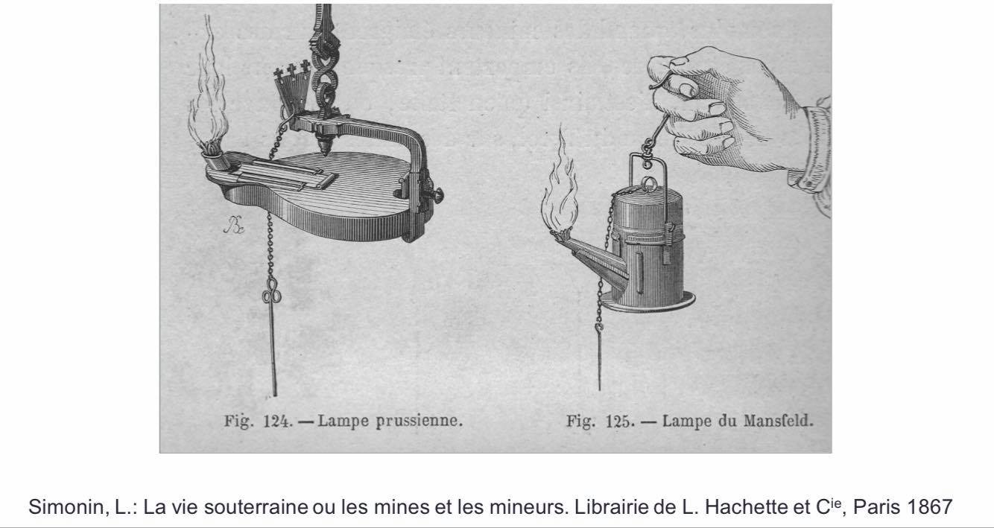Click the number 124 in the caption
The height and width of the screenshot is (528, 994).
coord(277,422)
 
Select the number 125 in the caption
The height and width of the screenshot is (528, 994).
coord(620,422)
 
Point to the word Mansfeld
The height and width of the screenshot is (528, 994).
coord(779,420)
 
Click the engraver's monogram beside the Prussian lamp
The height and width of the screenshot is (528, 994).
coord(234,224)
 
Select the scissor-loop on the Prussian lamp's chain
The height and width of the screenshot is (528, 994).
coord(271,292)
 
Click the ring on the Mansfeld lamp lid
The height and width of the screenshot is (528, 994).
coord(650,183)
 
